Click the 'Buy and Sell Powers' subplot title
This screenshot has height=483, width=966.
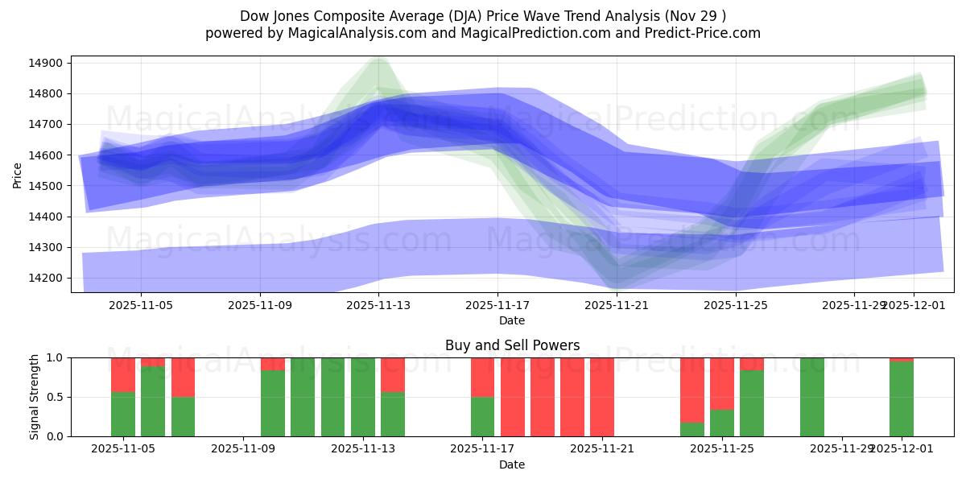[512, 345]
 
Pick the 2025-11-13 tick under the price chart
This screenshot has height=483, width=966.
[378, 306]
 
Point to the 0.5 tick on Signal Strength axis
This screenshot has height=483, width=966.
[56, 397]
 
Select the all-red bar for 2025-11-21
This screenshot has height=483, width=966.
[602, 397]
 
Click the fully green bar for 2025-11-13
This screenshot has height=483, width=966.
[363, 397]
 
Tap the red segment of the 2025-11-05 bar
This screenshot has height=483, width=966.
[123, 374]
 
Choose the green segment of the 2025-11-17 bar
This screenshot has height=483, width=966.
[482, 416]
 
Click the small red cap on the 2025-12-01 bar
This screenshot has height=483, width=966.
[902, 359]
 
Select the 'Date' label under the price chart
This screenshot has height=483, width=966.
[512, 320]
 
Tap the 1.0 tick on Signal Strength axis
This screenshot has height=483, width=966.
[56, 357]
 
